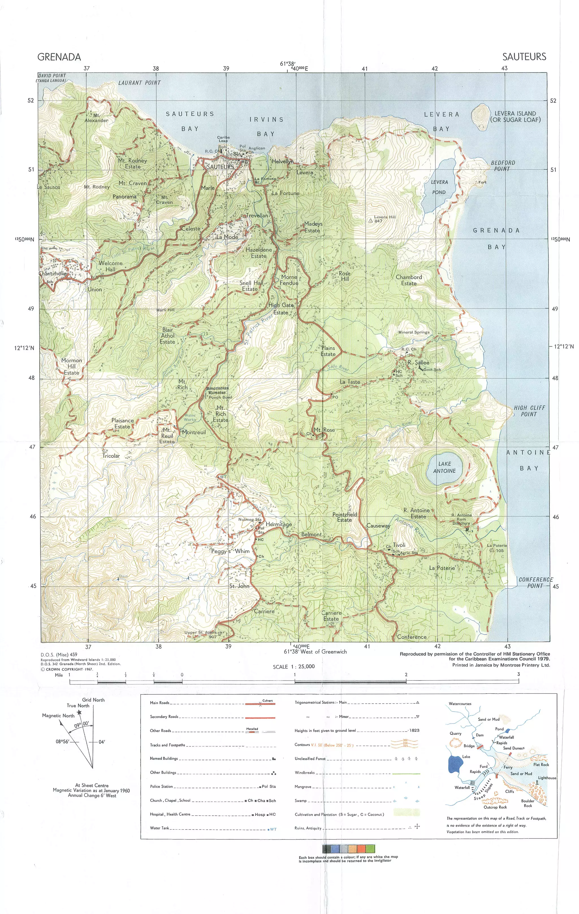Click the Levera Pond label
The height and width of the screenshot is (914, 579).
(x=439, y=187)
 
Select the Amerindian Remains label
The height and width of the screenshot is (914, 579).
(x=218, y=390)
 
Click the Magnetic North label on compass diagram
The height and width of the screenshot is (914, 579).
(x=58, y=716)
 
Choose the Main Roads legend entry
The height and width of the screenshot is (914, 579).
(x=159, y=703)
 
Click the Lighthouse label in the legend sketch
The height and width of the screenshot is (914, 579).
(x=547, y=778)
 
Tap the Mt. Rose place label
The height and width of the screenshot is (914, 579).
(x=324, y=430)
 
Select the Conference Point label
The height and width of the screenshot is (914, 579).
(x=536, y=583)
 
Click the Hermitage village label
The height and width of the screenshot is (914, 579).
(x=279, y=524)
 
